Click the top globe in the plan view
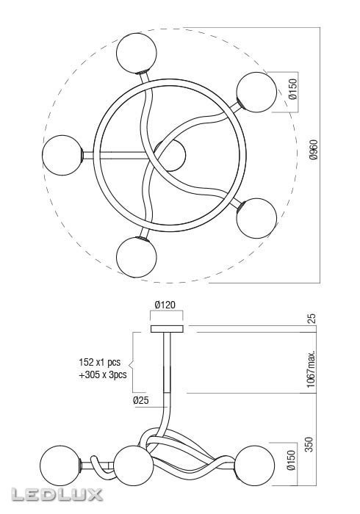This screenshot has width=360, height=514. (138, 53)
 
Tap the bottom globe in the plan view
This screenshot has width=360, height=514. (137, 257)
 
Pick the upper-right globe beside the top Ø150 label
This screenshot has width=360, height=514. (256, 93)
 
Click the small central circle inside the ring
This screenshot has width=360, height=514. (170, 155)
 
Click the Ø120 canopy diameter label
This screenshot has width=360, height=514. (165, 305)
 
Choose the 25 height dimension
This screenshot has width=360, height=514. (312, 318)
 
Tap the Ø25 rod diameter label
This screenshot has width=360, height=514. (142, 400)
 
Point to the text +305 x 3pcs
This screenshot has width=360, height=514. (102, 374)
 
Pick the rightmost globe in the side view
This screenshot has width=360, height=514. (255, 464)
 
